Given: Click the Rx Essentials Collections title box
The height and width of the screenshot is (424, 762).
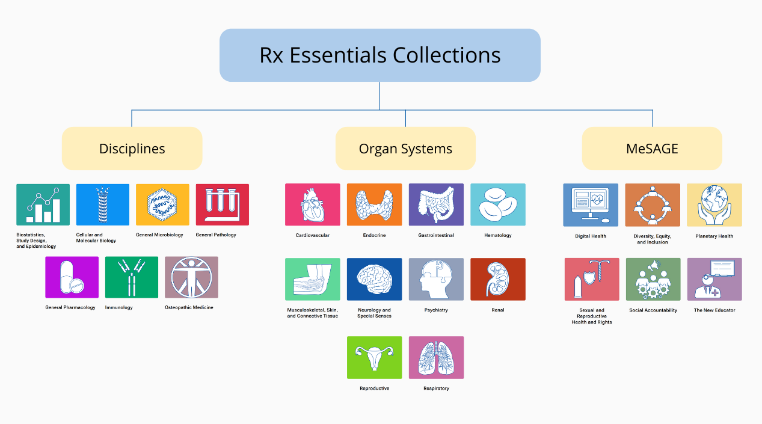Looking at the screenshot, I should click(379, 55).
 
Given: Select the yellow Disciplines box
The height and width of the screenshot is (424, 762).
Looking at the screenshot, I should click(132, 149).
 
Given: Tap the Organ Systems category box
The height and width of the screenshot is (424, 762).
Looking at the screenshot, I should click(405, 149).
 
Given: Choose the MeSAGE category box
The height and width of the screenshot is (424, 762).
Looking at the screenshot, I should click(652, 149).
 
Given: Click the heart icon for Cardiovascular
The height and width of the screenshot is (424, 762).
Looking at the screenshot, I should click(312, 204).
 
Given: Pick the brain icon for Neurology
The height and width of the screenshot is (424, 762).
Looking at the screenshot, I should click(374, 279).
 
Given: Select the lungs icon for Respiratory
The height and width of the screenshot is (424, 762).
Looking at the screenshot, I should click(436, 357).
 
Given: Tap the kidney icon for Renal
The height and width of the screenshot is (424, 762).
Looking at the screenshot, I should click(497, 279).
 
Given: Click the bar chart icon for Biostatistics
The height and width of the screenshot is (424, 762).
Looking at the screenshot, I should click(43, 204).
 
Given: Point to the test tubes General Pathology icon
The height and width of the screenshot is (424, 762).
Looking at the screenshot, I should click(222, 204).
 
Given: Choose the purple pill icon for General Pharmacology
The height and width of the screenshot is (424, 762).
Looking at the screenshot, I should click(72, 277).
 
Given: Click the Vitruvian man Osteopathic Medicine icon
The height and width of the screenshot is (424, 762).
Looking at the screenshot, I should click(191, 277).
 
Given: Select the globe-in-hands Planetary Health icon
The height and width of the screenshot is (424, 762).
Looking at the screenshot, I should click(714, 205).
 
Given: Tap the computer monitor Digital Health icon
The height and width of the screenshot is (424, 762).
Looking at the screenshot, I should click(591, 205).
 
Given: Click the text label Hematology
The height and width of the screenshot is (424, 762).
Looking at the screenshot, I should click(498, 235).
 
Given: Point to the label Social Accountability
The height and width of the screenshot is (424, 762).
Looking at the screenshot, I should click(653, 310).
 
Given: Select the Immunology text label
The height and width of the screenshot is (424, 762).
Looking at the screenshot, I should click(119, 307).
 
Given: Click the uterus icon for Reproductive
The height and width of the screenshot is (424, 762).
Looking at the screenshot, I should click(374, 357).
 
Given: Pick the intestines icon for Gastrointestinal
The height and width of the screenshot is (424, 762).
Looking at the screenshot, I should click(436, 204).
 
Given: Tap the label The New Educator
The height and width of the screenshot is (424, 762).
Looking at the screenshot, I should click(714, 310).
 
